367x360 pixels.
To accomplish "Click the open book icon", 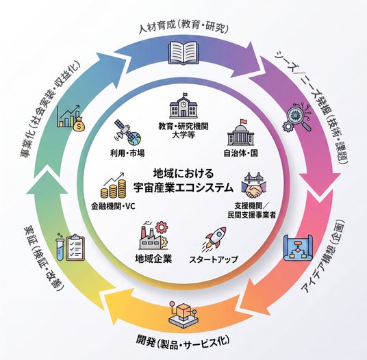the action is (x=183, y=53).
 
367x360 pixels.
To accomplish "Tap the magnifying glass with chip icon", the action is (x=297, y=118).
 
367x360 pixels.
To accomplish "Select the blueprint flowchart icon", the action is (x=298, y=248).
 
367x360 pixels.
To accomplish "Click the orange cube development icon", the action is (x=183, y=316).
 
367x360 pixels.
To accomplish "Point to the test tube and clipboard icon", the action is (x=70, y=248).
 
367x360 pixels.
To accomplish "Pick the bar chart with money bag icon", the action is (x=71, y=118).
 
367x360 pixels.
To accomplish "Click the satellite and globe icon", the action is (x=127, y=133).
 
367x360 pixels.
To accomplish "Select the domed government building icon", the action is (x=240, y=132).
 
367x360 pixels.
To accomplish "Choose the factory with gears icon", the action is (x=154, y=236).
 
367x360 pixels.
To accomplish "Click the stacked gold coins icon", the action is (x=113, y=186).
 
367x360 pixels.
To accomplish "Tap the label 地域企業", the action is (x=153, y=259).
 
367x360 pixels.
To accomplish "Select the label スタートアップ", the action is (x=214, y=259).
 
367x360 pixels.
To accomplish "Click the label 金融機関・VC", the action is (x=113, y=207).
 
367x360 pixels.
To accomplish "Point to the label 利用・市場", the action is (x=127, y=153).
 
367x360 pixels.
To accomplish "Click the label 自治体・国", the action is (x=241, y=153).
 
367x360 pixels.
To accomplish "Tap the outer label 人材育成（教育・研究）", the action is (x=183, y=27).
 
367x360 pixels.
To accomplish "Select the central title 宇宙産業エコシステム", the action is (x=183, y=188).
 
